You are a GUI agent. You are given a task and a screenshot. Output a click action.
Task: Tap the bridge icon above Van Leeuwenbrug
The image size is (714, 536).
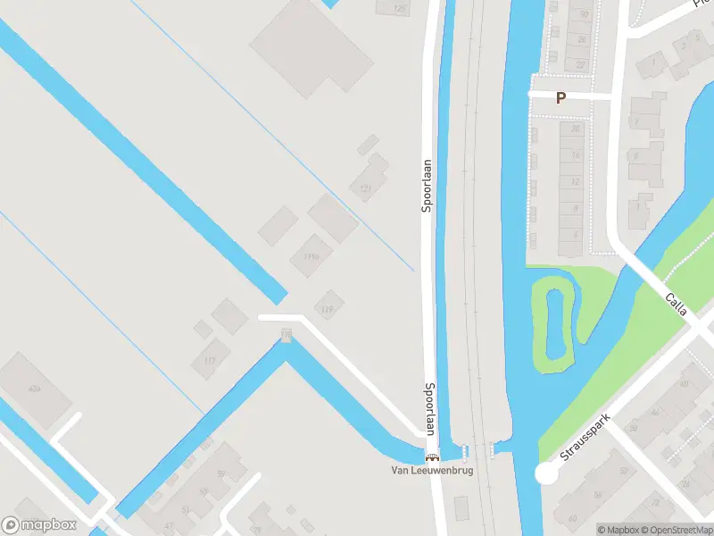(433, 458)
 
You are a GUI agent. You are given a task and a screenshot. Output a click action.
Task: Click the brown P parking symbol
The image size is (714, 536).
(560, 98)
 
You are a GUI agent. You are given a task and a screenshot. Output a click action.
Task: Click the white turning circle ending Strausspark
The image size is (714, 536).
(546, 474)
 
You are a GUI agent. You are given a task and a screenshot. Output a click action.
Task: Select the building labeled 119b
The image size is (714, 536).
(311, 256)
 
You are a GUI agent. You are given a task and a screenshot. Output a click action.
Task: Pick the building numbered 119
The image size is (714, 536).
(328, 309)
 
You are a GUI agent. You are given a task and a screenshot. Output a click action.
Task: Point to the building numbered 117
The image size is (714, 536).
(210, 360)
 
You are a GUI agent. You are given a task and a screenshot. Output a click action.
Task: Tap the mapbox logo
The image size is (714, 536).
(39, 524)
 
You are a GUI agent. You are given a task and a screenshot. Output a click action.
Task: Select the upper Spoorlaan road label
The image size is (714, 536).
(428, 186)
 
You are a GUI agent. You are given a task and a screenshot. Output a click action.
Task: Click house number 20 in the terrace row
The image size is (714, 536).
(576, 130)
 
